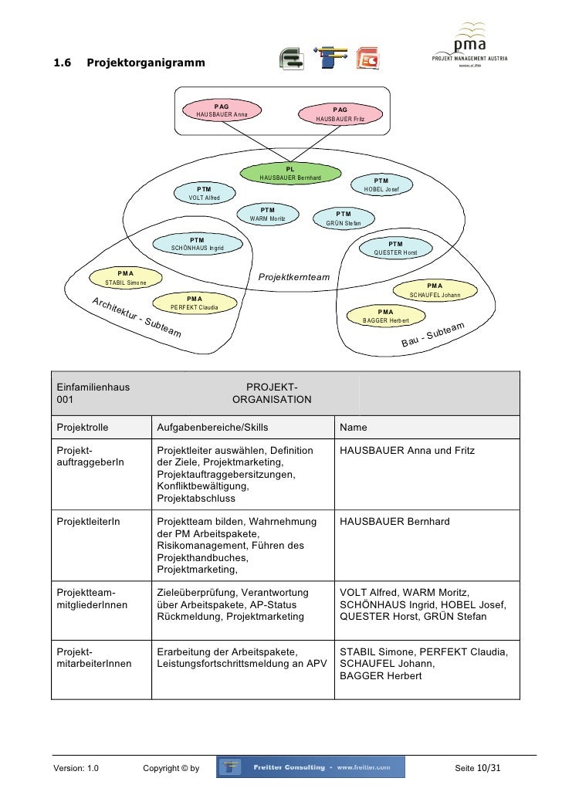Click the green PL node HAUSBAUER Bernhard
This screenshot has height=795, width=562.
tap(290, 174)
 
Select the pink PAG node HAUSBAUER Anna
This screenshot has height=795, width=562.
tap(222, 110)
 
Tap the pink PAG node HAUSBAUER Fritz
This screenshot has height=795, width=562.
tap(340, 115)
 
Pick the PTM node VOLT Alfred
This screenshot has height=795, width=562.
tap(204, 193)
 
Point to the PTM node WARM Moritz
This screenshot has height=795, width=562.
tap(268, 214)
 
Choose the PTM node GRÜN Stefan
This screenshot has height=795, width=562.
tap(344, 218)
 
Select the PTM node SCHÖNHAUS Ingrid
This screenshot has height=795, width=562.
tap(197, 244)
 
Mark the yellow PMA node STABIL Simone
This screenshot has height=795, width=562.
tap(126, 278)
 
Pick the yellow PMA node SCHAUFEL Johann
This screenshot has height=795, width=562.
tap(435, 290)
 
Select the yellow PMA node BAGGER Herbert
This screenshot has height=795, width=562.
tap(386, 316)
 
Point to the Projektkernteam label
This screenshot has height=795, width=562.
tap(293, 276)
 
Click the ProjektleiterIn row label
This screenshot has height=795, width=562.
tap(89, 523)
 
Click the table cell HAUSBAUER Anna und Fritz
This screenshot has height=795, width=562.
tap(407, 450)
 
